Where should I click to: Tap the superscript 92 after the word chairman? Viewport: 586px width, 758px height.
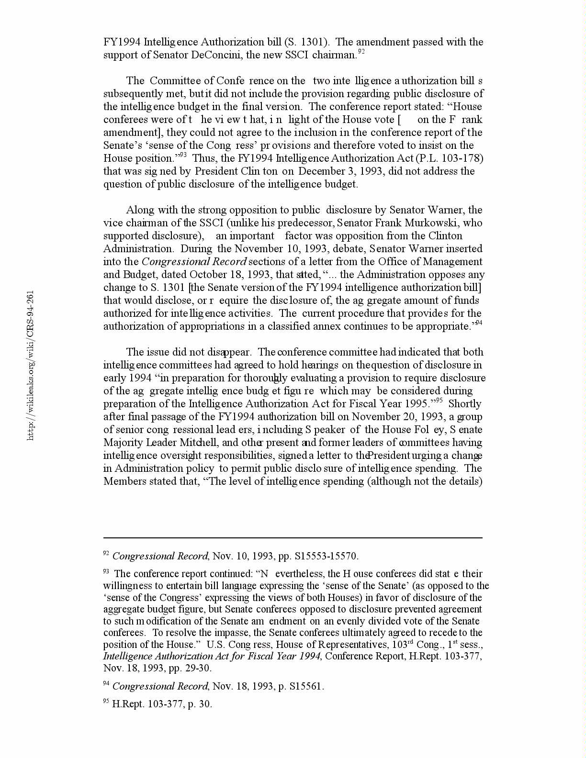click(361, 52)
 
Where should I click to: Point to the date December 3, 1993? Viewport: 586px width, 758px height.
click(341, 171)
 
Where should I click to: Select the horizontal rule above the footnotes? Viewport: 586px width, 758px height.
click(293, 538)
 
